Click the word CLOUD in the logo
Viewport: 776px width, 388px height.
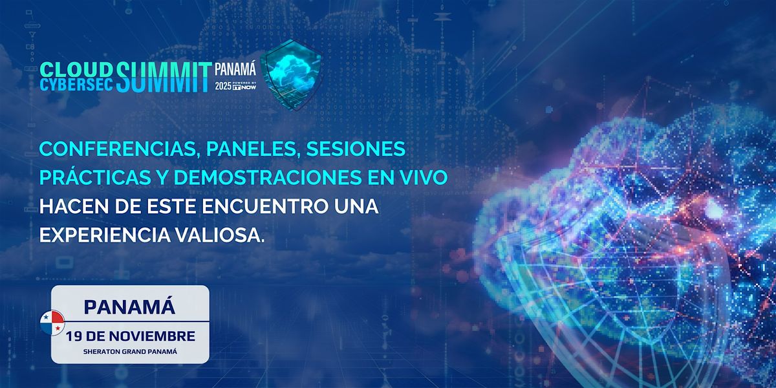pos(77,69)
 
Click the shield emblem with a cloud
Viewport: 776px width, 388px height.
pos(294,74)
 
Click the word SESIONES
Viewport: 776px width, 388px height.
pos(356,149)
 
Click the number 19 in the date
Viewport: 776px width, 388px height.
pos(75,336)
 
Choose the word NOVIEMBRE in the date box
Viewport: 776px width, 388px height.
pos(155,336)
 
